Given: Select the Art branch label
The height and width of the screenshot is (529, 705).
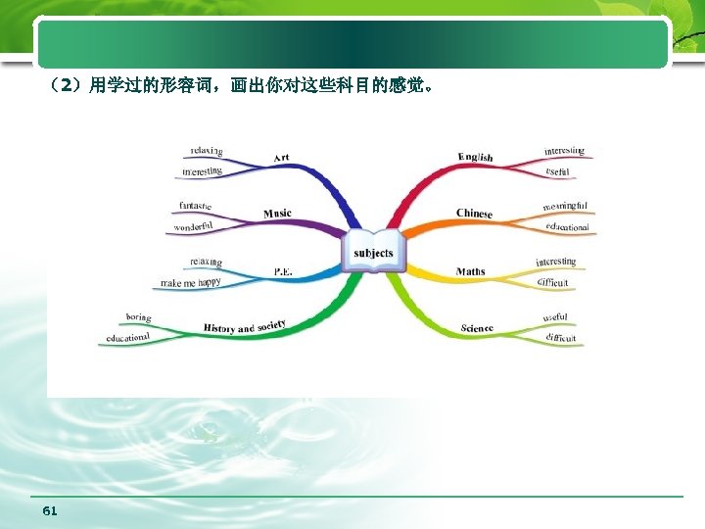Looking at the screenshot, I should pyautogui.click(x=281, y=158).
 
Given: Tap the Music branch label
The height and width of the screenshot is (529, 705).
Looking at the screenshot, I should pyautogui.click(x=277, y=214).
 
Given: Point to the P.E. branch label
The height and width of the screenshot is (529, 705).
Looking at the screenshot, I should pyautogui.click(x=282, y=271).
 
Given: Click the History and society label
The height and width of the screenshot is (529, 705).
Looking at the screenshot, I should pyautogui.click(x=245, y=325).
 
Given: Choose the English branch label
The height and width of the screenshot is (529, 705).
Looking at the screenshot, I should pyautogui.click(x=476, y=157).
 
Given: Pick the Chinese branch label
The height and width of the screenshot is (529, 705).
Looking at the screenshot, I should pyautogui.click(x=474, y=214).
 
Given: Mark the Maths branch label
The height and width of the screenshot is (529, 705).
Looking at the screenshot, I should pyautogui.click(x=470, y=271).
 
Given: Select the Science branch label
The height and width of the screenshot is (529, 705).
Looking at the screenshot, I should pyautogui.click(x=477, y=328).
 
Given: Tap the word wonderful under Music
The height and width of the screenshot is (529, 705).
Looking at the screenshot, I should pyautogui.click(x=193, y=227).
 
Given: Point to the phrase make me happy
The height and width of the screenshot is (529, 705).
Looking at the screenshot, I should pyautogui.click(x=191, y=283).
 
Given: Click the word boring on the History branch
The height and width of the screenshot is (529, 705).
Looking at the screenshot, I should pyautogui.click(x=138, y=317).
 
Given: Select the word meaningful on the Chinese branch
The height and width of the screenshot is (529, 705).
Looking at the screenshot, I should pyautogui.click(x=565, y=206).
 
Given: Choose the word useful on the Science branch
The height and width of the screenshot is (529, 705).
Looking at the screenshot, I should pyautogui.click(x=555, y=317).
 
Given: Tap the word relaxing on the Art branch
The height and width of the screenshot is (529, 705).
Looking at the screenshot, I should pyautogui.click(x=207, y=151).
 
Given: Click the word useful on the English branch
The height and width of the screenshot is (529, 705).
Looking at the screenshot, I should pyautogui.click(x=557, y=172).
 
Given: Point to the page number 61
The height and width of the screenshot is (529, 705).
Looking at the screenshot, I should pyautogui.click(x=51, y=511).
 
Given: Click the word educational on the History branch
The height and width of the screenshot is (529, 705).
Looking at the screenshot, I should pyautogui.click(x=128, y=338).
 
